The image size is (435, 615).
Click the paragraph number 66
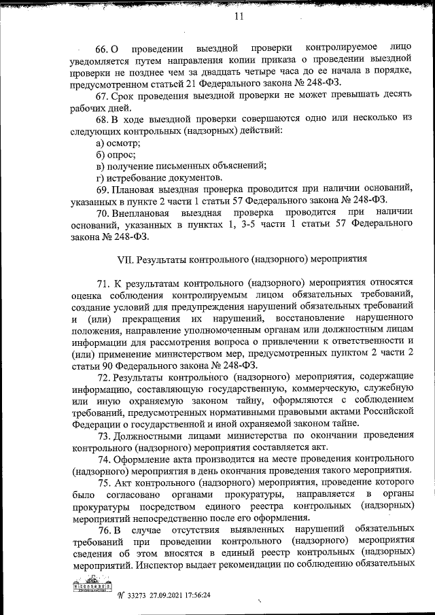click(x=102, y=50)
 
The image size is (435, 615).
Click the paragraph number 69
click(x=103, y=189)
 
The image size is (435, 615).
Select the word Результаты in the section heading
click(x=160, y=258)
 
